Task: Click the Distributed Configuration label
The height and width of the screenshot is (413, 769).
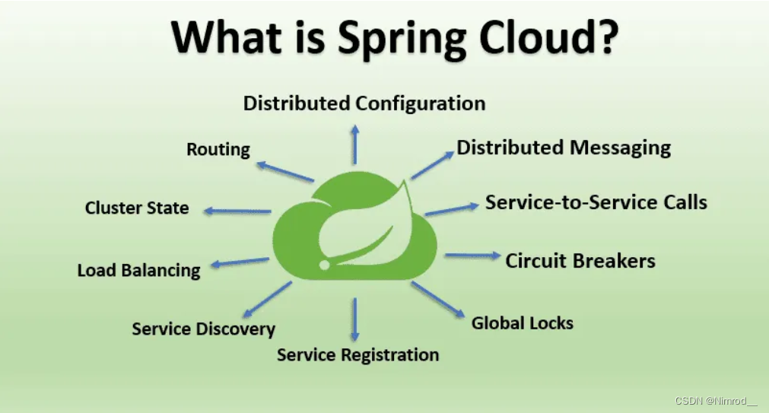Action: click(364, 103)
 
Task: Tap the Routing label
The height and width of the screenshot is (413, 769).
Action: click(218, 149)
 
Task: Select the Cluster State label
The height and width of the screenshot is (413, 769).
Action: click(137, 208)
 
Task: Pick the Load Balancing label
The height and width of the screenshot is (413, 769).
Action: click(138, 270)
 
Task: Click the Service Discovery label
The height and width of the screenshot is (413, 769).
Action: click(203, 329)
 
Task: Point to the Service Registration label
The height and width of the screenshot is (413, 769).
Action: click(357, 354)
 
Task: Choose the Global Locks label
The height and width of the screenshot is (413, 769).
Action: click(522, 322)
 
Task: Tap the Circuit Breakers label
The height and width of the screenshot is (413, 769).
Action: click(580, 261)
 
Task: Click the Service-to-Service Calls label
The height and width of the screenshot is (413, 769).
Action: click(596, 202)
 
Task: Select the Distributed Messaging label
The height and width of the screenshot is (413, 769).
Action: click(564, 148)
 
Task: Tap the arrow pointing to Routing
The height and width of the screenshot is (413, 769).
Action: click(285, 172)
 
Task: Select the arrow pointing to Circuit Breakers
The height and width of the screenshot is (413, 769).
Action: click(472, 256)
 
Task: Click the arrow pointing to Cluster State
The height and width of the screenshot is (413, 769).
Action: click(237, 211)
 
